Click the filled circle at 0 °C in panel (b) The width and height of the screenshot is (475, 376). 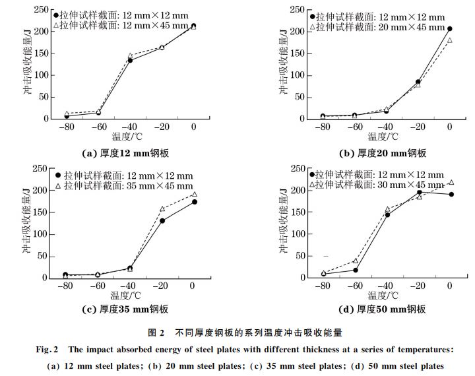pyautogui.click(x=450, y=29)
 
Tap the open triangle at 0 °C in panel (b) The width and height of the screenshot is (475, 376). pyautogui.click(x=450, y=40)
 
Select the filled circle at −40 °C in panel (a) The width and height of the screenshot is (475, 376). pyautogui.click(x=130, y=60)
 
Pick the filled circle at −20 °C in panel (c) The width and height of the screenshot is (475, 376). pyautogui.click(x=162, y=220)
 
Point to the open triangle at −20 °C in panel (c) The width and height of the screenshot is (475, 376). pyautogui.click(x=162, y=209)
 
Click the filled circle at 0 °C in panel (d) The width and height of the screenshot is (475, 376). pyautogui.click(x=451, y=194)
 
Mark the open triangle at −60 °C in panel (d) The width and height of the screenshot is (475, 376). pyautogui.click(x=356, y=261)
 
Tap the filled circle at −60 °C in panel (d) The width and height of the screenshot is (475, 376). pyautogui.click(x=356, y=270)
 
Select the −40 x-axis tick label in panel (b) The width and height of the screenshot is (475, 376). pyautogui.click(x=385, y=127)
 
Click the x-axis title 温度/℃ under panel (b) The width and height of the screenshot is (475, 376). pyautogui.click(x=383, y=137)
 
